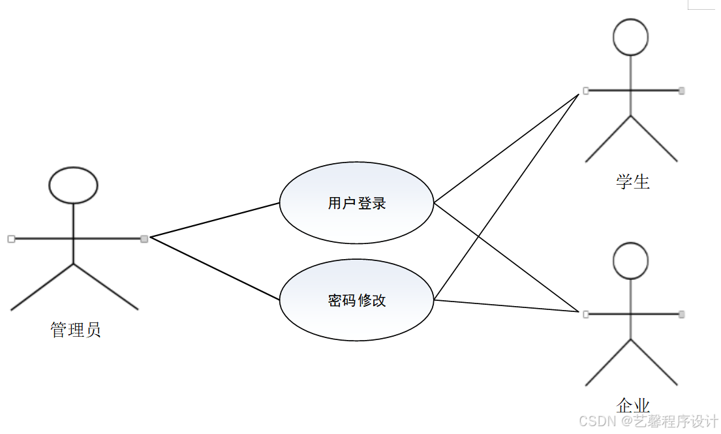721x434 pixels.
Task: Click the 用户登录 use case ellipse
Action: (x=356, y=203)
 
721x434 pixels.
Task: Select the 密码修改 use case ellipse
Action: (x=356, y=300)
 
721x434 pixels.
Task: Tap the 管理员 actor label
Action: (x=76, y=330)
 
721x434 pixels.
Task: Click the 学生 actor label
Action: (x=632, y=181)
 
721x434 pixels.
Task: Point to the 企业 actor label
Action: (x=632, y=405)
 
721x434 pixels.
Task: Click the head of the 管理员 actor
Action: (x=73, y=185)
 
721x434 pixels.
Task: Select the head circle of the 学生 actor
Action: (x=630, y=36)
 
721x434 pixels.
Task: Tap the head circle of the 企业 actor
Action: (x=630, y=260)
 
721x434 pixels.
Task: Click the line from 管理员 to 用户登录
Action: (x=215, y=219)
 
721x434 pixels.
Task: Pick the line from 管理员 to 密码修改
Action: (x=215, y=268)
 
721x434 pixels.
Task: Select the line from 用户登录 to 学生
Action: (x=506, y=148)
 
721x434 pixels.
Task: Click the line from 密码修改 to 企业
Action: (x=506, y=306)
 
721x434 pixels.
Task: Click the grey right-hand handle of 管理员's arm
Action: (x=144, y=239)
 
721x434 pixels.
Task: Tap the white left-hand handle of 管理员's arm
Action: (x=11, y=239)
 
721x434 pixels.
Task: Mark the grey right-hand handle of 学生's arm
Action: (x=681, y=91)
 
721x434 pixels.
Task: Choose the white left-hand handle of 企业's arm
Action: (x=585, y=315)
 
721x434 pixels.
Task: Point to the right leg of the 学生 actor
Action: (x=654, y=138)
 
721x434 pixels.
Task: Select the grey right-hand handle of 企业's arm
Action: (x=681, y=315)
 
